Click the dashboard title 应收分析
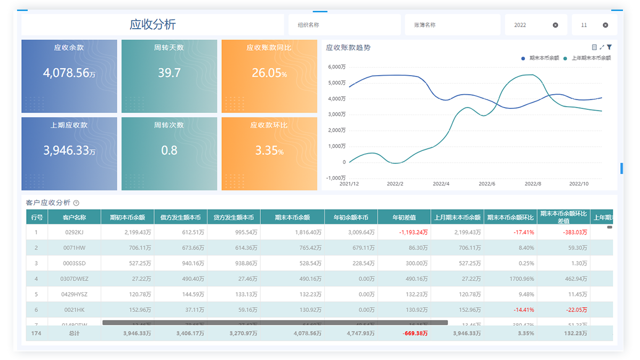click(x=153, y=25)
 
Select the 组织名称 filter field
click(x=344, y=25)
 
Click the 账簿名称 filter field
click(x=452, y=25)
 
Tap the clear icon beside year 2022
click(x=555, y=25)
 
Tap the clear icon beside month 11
click(x=605, y=25)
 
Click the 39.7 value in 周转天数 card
click(x=169, y=73)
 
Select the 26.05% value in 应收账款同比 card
click(x=269, y=73)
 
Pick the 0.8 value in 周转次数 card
click(x=169, y=150)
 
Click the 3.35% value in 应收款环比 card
click(x=269, y=150)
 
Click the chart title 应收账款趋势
click(x=348, y=47)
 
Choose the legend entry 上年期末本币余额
click(x=590, y=58)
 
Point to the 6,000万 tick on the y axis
click(x=337, y=67)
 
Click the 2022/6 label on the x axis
click(x=487, y=183)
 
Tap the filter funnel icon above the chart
click(x=609, y=47)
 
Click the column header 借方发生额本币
click(x=180, y=218)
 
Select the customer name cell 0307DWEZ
click(x=74, y=278)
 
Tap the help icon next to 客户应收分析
click(x=76, y=203)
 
